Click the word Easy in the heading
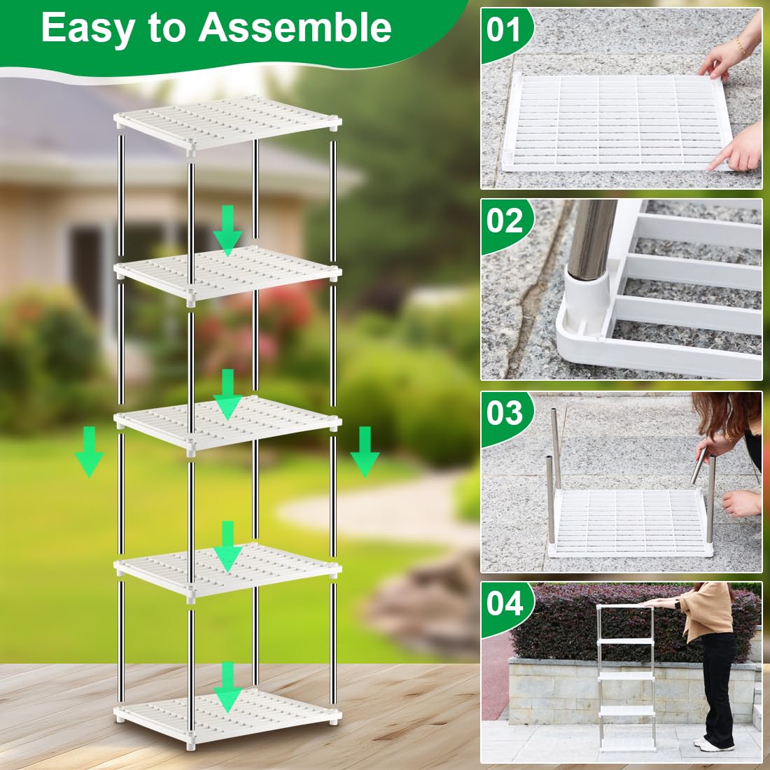(87, 28)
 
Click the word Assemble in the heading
(295, 27)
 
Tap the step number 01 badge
(504, 30)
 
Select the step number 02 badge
(504, 221)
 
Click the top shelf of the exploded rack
(227, 122)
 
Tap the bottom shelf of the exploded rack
(227, 716)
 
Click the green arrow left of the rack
(89, 451)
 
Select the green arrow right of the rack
(365, 451)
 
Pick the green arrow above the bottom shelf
(227, 687)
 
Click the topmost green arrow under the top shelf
(227, 230)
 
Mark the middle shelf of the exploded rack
(227, 421)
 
